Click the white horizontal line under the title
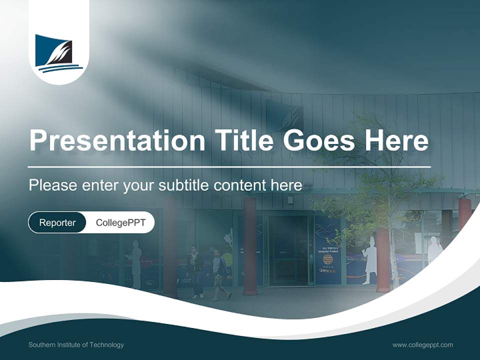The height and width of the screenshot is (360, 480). (x=229, y=166)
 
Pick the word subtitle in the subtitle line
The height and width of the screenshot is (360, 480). (x=183, y=185)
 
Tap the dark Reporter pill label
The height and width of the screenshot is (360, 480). (x=57, y=222)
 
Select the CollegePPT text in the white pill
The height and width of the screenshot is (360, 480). (x=120, y=222)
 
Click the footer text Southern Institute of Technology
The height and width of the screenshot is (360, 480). (x=76, y=344)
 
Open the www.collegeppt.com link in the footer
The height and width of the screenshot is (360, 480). (x=422, y=344)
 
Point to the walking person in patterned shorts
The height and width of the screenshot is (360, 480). (x=218, y=275)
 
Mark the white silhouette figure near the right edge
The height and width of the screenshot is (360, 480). (x=434, y=250)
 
